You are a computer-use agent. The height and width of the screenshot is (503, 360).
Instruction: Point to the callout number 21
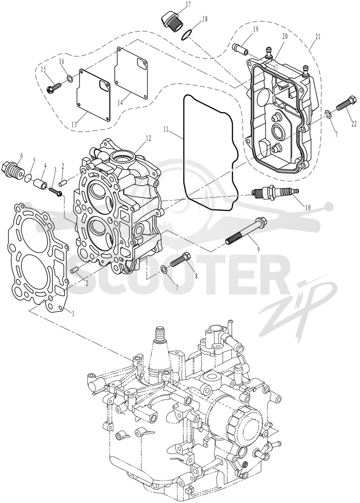318,37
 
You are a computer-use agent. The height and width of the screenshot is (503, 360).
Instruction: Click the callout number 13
74,125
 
